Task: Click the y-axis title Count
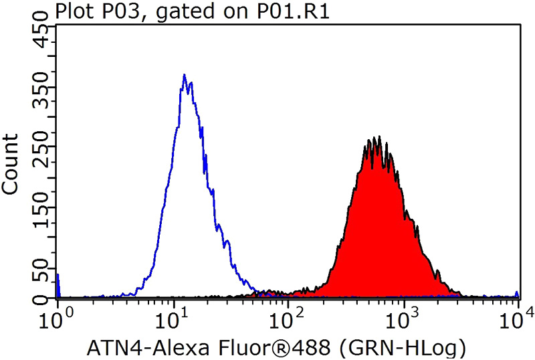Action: [11, 164]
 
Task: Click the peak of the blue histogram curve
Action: [184, 75]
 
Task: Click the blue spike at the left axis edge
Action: [58, 284]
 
